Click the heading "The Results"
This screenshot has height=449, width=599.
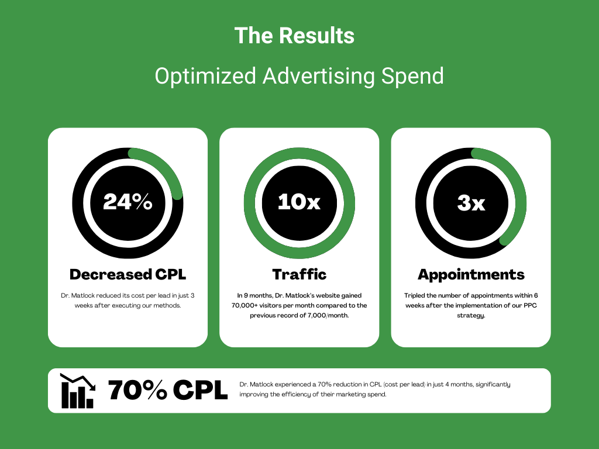295,36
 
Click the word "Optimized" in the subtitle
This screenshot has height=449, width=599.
205,76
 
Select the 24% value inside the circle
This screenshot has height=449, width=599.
128,202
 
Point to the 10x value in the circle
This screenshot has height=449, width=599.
299,202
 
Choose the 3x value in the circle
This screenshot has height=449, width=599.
471,202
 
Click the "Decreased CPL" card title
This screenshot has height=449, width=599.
128,275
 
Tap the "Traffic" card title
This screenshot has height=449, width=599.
299,275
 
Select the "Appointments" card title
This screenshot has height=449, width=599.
471,275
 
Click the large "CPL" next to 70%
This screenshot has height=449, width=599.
200,390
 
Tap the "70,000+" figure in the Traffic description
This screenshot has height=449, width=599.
245,305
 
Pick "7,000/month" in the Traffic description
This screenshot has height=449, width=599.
328,315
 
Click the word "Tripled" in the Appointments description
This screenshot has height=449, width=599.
415,295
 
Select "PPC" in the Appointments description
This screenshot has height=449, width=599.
530,305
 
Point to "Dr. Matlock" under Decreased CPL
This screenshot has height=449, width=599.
78,295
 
